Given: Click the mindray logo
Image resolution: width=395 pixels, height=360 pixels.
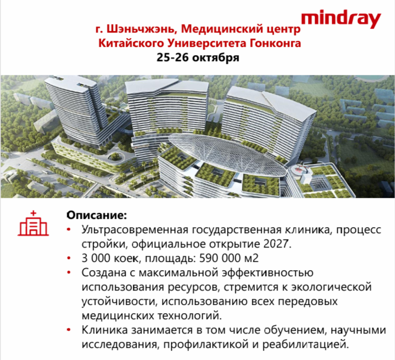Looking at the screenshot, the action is click(x=341, y=19).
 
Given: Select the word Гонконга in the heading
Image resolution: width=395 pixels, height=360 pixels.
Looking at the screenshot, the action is click(x=275, y=43).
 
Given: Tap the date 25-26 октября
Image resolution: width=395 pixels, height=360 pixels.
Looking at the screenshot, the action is click(x=198, y=57).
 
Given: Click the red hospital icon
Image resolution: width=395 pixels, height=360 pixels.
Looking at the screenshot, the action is click(x=33, y=223).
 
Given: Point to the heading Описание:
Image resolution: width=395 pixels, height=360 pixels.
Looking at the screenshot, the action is click(x=97, y=215).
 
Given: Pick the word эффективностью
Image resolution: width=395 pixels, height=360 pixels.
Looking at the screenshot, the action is click(x=268, y=273).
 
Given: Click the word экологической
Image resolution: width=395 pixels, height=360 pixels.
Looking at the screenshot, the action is click(x=331, y=287).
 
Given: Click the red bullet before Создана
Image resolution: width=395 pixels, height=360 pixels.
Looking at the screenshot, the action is click(x=68, y=272).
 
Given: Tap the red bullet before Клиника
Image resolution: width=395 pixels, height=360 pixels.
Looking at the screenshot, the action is click(x=68, y=330).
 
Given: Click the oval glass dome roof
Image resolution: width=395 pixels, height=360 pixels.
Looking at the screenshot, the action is click(x=227, y=154).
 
